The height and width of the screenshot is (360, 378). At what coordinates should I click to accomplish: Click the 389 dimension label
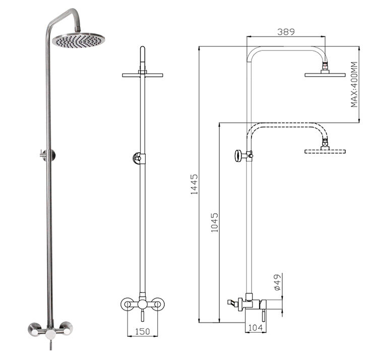coord(286,32)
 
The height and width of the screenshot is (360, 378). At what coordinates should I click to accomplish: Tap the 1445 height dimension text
coord(194,184)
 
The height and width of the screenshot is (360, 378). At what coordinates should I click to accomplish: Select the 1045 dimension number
coord(214,222)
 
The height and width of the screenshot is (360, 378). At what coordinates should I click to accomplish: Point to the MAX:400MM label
coord(354,84)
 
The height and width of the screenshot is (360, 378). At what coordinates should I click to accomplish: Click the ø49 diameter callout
coord(278,282)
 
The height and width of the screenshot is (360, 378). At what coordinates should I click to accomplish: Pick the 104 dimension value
coord(256,328)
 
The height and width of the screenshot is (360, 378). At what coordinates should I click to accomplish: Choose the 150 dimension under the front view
coord(143,332)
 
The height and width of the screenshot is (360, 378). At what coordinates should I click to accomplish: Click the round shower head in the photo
coord(79,40)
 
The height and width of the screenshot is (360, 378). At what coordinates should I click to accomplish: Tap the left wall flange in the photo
coord(34,329)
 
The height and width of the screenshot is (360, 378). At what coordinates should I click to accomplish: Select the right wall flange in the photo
coord(67,328)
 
